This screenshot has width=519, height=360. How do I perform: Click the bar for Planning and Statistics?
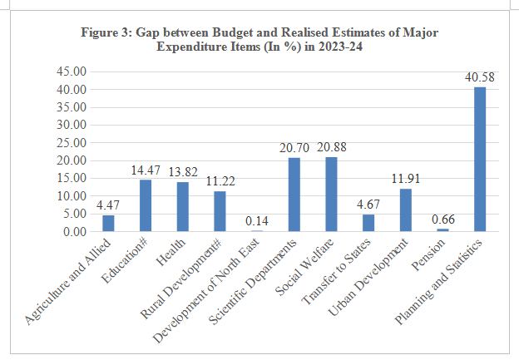480,159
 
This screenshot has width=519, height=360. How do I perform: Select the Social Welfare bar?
331,194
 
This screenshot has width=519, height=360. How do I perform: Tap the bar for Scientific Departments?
294,194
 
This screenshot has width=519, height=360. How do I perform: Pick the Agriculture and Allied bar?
108,223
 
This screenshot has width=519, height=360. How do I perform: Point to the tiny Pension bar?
442,229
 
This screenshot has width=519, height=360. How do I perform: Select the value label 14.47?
146,170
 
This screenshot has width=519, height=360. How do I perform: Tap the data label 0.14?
257,222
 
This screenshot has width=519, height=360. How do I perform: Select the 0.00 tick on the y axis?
74,231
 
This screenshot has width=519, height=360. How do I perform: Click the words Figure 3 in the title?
104,32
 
